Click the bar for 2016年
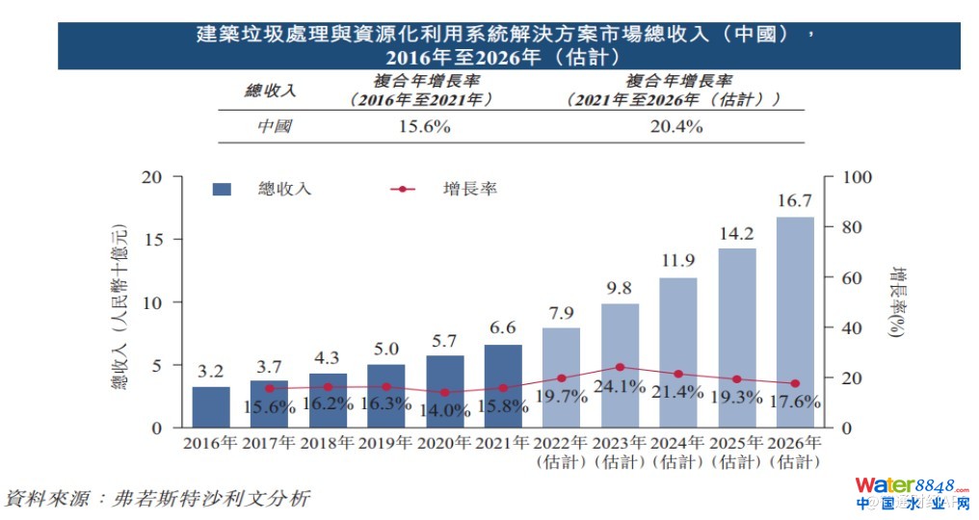point(211,406)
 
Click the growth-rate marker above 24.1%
point(620,367)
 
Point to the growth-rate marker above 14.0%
point(444,393)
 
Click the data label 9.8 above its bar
point(620,287)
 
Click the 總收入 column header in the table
point(271,91)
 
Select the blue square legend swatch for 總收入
point(222,190)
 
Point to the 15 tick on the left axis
point(154,239)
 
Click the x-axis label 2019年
point(385,444)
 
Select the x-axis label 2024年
point(678,444)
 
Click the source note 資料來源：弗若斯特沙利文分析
point(158,499)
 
